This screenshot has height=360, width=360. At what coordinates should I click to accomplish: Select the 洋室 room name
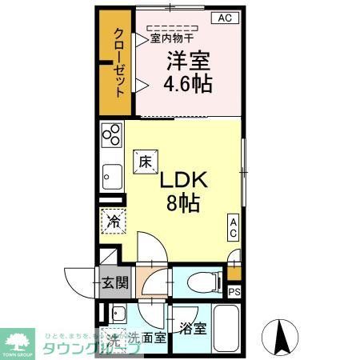point(189,59)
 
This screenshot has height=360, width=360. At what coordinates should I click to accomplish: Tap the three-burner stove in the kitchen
point(110,134)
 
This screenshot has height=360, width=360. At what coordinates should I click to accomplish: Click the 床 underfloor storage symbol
point(145,160)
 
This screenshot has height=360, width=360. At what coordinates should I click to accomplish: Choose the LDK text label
point(186,179)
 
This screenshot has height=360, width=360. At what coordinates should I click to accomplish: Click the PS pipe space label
point(234,292)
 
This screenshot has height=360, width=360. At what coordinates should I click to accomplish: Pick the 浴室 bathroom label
point(193,327)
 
